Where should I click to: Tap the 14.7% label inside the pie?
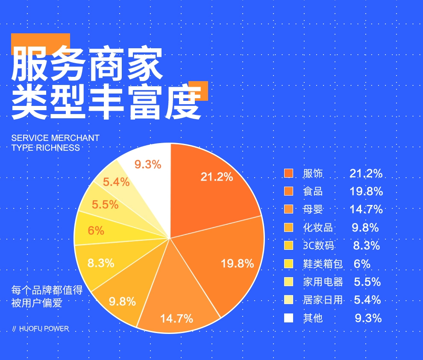176,318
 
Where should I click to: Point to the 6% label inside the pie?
96,231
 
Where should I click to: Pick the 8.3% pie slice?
101,263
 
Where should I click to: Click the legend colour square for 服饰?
289,173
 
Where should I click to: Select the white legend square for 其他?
289,318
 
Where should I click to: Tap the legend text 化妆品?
317,228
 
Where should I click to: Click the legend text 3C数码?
318,246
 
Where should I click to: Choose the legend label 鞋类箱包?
323,264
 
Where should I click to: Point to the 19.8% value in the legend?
366,191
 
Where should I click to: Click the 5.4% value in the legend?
367,300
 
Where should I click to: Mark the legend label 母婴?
313,210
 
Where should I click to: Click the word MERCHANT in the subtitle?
75,138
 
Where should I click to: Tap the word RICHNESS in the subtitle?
58,148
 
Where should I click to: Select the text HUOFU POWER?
44,329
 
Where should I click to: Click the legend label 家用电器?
323,282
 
